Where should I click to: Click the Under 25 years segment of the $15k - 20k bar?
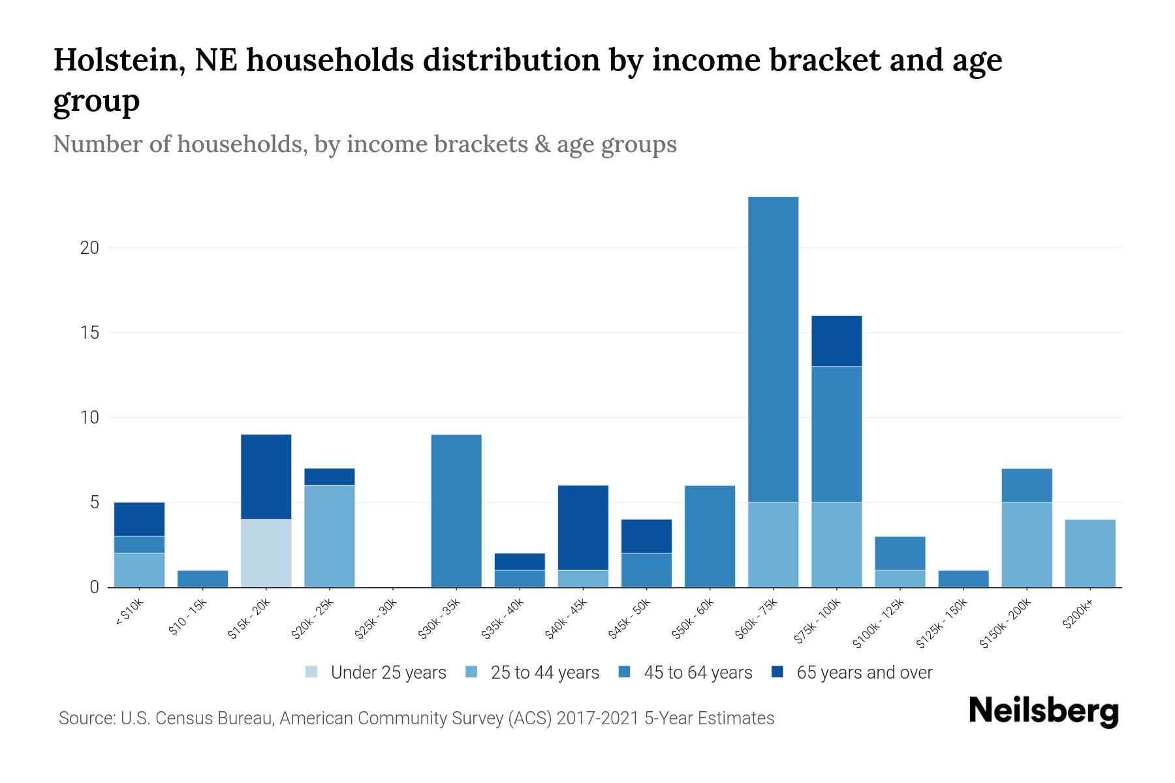coord(266,553)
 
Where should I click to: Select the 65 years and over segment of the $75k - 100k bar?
coord(836,341)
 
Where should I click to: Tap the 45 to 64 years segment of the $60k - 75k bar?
coord(773,349)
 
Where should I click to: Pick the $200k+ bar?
coord(1089,553)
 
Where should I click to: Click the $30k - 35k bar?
coord(456,510)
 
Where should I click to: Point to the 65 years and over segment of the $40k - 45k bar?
coord(583,527)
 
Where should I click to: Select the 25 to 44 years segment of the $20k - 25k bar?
coord(330,536)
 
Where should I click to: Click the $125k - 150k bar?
coord(963,578)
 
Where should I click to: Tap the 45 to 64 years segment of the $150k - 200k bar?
coord(1026,485)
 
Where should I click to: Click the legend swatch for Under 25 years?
coord(312,672)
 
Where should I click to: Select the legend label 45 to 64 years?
coord(698,672)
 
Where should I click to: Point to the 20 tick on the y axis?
coord(90,248)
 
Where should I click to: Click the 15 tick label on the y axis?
coord(90,333)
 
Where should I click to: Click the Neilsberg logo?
coord(1043,711)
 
